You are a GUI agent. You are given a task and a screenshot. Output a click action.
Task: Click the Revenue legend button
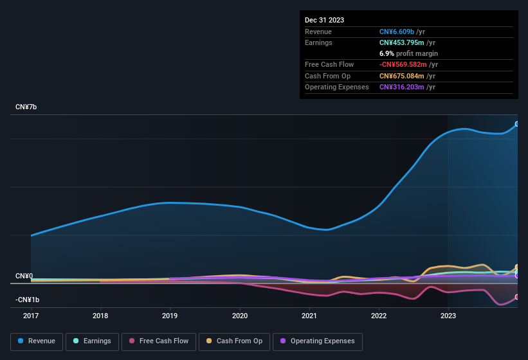coord(37,341)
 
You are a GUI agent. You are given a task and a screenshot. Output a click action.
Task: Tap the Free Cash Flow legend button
coord(159,341)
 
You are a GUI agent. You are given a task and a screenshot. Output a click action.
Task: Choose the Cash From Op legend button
coord(234,341)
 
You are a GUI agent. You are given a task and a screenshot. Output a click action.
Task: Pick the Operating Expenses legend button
coord(318,341)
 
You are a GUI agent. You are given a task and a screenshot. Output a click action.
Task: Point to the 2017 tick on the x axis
coord(31,316)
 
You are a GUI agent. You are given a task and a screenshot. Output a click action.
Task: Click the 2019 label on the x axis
coord(170,316)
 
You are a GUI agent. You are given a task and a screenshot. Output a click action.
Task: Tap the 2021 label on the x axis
coord(309,316)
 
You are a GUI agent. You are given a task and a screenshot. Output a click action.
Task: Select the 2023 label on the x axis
coord(448,316)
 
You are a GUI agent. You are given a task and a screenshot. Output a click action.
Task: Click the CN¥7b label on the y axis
coord(26,107)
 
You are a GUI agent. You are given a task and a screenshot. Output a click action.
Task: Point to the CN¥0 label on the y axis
coord(24,276)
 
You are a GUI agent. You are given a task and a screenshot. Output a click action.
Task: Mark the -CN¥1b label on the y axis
coord(28,300)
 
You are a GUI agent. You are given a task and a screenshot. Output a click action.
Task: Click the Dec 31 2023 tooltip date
coord(324,20)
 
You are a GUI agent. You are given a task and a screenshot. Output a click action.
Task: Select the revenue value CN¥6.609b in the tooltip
coord(397,32)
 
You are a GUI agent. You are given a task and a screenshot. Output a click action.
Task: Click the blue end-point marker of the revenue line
coord(517,124)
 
